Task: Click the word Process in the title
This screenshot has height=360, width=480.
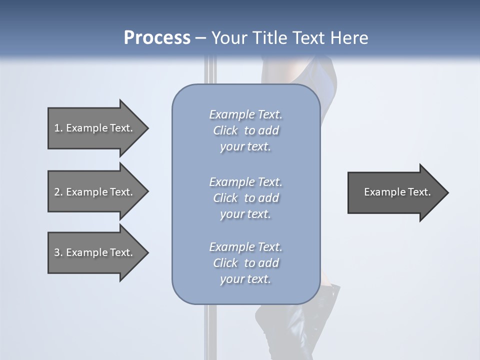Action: point(157,38)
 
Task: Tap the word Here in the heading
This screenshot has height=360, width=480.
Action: point(348,38)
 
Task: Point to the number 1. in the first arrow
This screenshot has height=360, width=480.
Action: point(58,128)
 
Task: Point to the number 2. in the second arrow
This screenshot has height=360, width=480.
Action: point(58,192)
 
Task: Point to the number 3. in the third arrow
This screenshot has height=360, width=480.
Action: point(58,252)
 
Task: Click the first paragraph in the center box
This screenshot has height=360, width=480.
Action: point(245,130)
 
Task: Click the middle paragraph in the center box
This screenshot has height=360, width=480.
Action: point(245,198)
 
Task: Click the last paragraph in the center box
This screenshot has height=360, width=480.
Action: point(245,263)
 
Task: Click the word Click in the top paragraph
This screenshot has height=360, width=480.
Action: point(225,130)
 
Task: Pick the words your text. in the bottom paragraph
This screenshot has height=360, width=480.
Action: point(245,279)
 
